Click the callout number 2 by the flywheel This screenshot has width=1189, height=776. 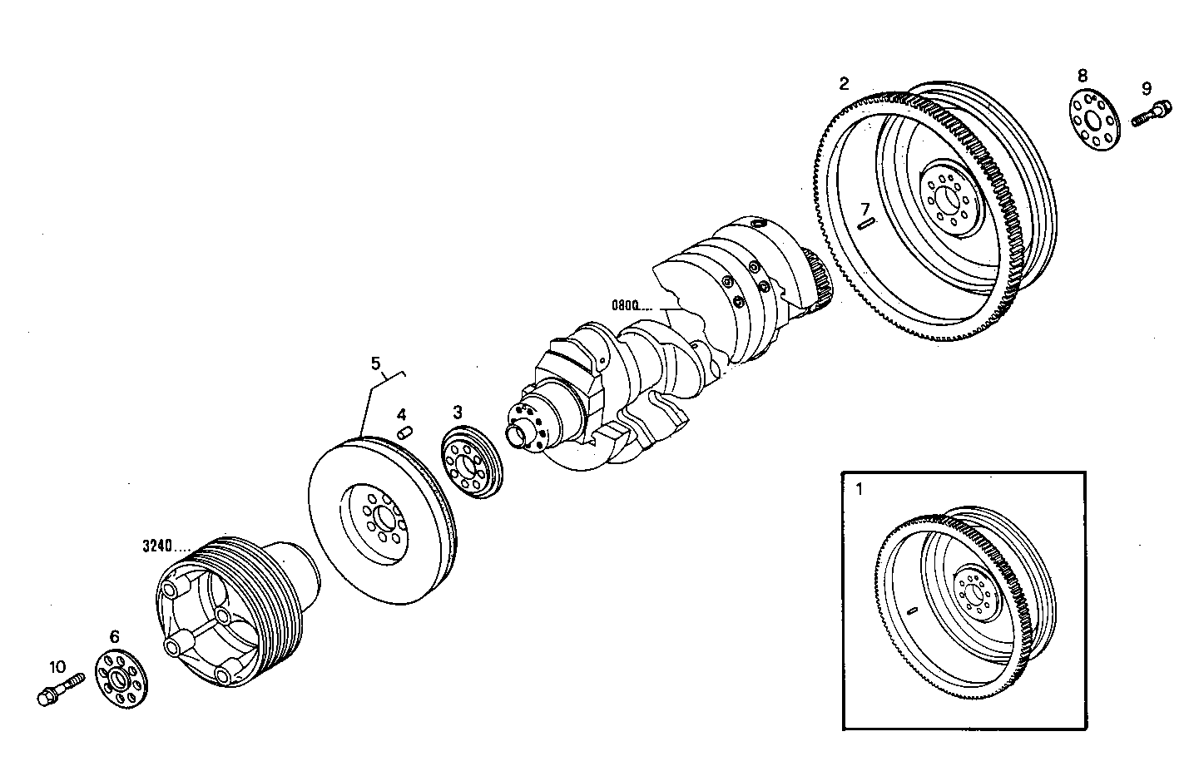(844, 83)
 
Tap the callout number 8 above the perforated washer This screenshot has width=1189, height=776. (1082, 76)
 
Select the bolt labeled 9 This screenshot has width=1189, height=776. (1152, 112)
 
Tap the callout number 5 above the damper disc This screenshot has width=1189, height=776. (375, 363)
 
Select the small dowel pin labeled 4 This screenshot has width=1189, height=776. (405, 432)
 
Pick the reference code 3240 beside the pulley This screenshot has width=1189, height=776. (156, 546)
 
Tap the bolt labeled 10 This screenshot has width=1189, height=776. (58, 689)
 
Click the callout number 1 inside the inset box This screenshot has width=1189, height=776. (859, 489)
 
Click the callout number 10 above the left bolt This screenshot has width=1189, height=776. (57, 666)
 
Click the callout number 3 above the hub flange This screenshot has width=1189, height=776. (458, 411)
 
